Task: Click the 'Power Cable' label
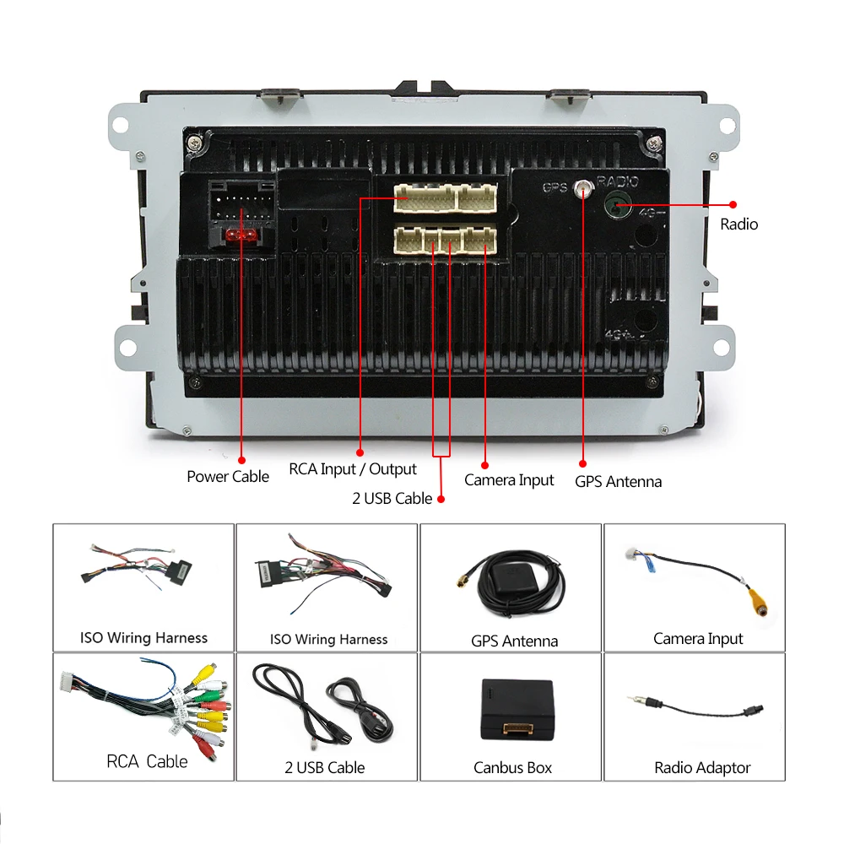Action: pyautogui.click(x=228, y=477)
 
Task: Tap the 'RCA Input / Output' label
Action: pyautogui.click(x=353, y=469)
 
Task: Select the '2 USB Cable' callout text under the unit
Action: pyautogui.click(x=392, y=499)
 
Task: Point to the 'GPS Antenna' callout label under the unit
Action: pyautogui.click(x=618, y=482)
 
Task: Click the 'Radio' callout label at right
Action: pyautogui.click(x=738, y=225)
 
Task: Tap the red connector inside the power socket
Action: pyautogui.click(x=241, y=235)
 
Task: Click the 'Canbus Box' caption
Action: pyautogui.click(x=512, y=768)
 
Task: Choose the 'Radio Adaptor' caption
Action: pyautogui.click(x=702, y=768)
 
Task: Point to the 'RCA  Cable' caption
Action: pyautogui.click(x=147, y=761)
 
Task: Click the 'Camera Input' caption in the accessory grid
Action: pyautogui.click(x=698, y=639)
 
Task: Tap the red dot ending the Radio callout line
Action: pyautogui.click(x=733, y=204)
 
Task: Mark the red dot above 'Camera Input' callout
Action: pyautogui.click(x=485, y=464)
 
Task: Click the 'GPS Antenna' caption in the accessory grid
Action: pyautogui.click(x=514, y=641)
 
